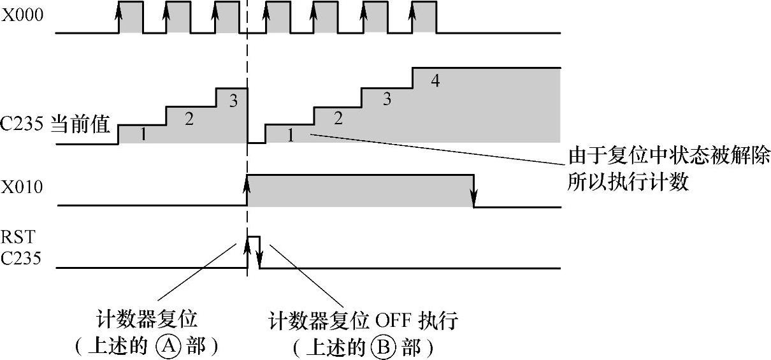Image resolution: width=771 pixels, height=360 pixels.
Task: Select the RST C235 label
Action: (x=19, y=249)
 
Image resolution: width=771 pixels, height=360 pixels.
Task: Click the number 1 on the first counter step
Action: (x=143, y=134)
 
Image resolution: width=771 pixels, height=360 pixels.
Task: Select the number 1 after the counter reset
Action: (x=291, y=134)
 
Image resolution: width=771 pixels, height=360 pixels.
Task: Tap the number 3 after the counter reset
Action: (x=386, y=99)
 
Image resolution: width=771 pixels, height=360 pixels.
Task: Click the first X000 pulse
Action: (x=131, y=17)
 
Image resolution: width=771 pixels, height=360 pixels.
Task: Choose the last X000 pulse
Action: (x=424, y=17)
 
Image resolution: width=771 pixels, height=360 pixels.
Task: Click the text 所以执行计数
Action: (x=628, y=183)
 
